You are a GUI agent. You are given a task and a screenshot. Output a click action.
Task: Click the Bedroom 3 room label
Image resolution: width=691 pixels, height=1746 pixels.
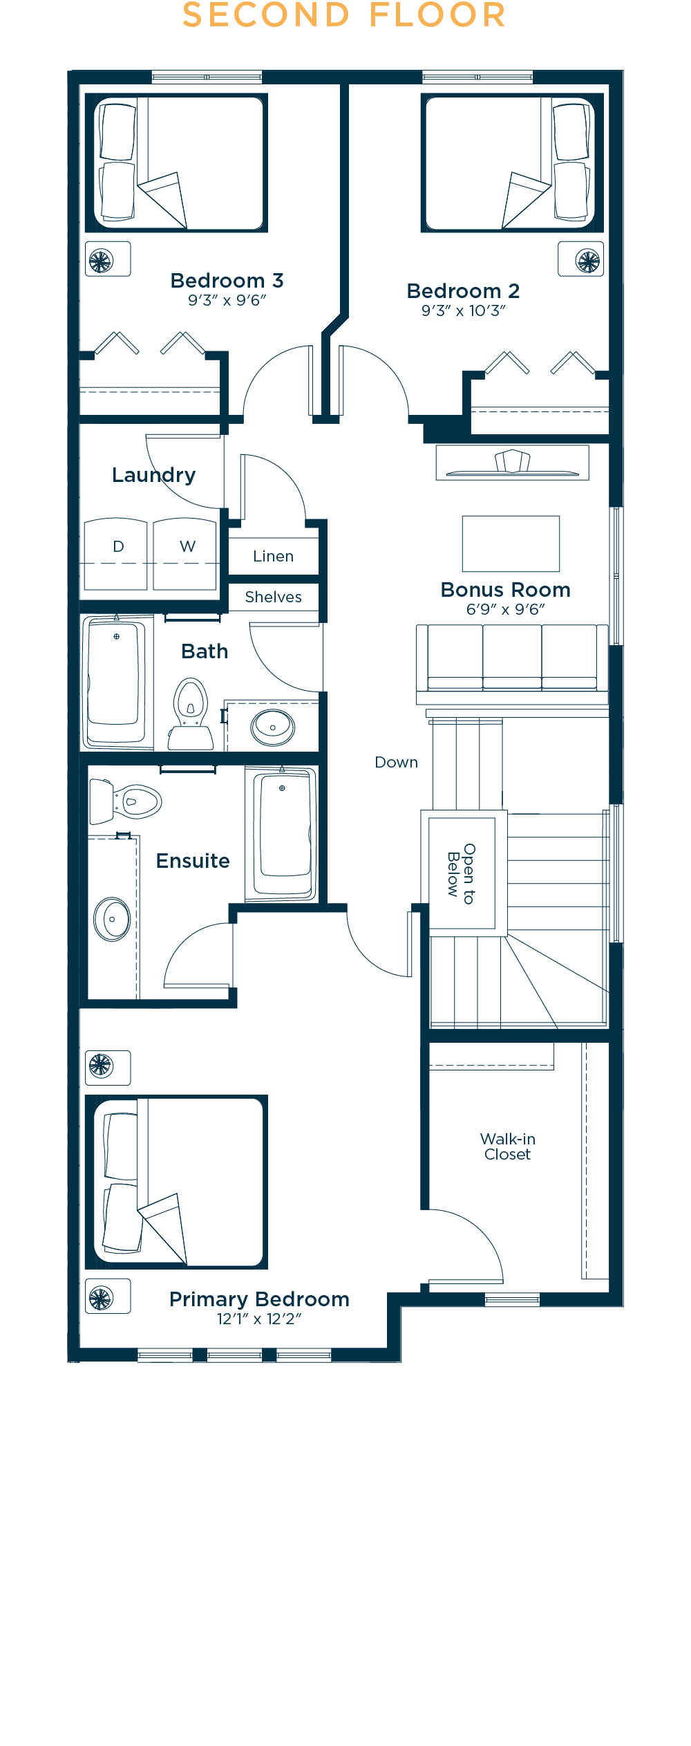point(227,281)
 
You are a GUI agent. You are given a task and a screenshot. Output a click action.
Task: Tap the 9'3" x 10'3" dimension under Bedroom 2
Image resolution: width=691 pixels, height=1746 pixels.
point(464,310)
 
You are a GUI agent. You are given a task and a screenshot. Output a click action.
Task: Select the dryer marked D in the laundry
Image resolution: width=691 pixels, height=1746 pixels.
point(115,554)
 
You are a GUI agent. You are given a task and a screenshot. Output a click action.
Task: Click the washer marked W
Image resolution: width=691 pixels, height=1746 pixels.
point(184,554)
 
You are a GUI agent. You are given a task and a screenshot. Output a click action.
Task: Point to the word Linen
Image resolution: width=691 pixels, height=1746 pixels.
point(273,556)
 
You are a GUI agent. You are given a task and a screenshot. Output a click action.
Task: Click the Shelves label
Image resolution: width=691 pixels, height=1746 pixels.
point(273,597)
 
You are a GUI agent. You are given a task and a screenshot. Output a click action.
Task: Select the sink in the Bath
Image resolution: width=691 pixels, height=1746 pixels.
point(273,727)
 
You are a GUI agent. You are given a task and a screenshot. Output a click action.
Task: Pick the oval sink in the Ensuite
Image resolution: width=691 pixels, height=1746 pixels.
point(113,919)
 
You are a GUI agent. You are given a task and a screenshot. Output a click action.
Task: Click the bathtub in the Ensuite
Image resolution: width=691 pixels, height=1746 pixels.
point(282,834)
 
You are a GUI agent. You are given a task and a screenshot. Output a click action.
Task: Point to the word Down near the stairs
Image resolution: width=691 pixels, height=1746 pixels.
point(396,762)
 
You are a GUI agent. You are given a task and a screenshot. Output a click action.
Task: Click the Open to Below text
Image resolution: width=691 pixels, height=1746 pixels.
point(462,873)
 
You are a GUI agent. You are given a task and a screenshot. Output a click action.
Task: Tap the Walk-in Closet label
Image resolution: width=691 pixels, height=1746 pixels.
point(508,1146)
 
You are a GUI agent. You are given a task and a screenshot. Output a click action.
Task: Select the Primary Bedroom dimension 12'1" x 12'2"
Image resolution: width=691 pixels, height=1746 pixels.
point(259,1319)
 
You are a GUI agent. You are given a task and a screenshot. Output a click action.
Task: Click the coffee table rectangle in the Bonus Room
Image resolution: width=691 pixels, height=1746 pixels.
point(511,544)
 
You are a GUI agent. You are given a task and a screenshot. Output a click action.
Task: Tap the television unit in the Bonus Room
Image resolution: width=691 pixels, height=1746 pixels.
point(512,463)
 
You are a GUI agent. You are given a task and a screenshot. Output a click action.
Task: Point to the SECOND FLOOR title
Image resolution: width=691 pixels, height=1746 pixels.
point(344,15)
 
